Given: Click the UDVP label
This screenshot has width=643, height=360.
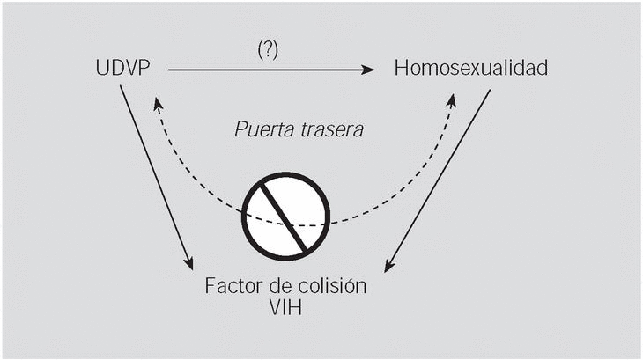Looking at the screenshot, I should point(124,68).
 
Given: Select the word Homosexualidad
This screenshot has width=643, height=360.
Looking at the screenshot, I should point(472,68).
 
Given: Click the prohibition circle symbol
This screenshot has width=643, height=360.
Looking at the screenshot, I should point(287,212).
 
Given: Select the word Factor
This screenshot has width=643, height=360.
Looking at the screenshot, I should point(232,288).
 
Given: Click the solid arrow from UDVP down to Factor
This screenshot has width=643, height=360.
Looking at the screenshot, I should point(155,176).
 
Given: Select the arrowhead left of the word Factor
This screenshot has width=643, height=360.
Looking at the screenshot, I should point(188,263).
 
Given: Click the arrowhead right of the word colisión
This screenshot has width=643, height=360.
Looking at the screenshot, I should point(389,266).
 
